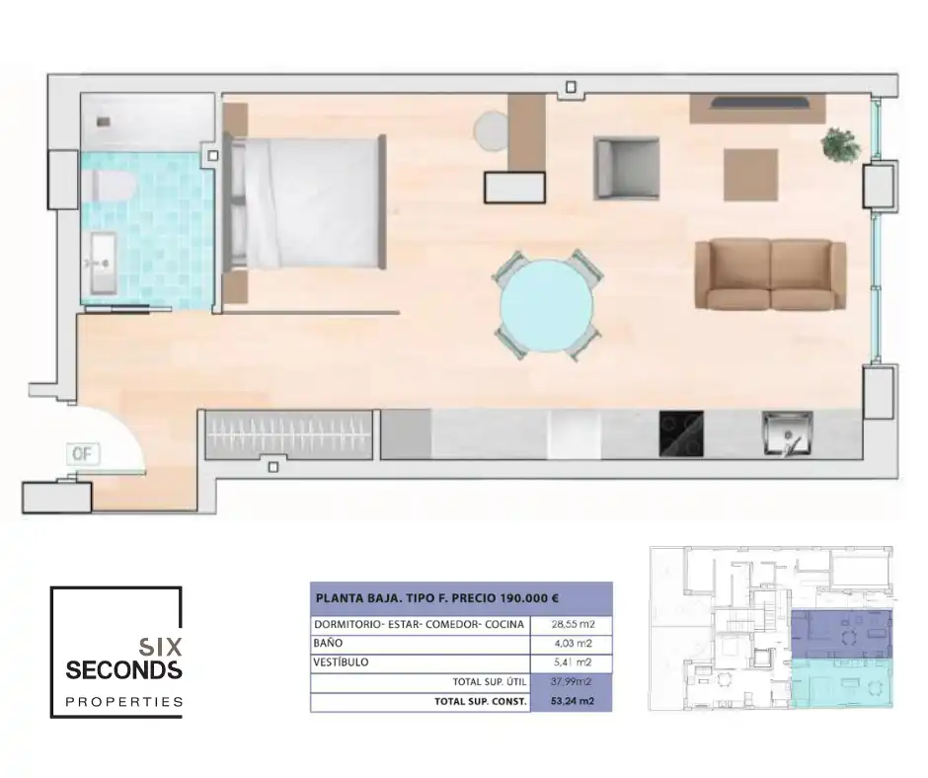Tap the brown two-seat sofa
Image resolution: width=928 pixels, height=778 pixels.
[x=770, y=273]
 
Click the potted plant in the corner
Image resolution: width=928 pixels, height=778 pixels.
[x=841, y=144]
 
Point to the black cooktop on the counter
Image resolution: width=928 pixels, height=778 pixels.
[x=681, y=434]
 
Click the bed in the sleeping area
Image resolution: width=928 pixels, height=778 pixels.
[x=308, y=202]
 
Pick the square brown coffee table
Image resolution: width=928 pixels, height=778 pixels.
[x=751, y=175]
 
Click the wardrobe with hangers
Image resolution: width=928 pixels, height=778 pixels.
[x=291, y=434]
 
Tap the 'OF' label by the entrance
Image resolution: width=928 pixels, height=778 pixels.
[x=82, y=454]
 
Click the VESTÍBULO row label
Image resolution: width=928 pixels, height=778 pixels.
[x=342, y=662]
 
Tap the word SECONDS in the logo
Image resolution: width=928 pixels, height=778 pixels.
[x=123, y=671]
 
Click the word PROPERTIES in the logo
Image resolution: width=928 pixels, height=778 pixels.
[x=123, y=702]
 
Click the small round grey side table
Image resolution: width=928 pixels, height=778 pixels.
[x=491, y=130]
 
